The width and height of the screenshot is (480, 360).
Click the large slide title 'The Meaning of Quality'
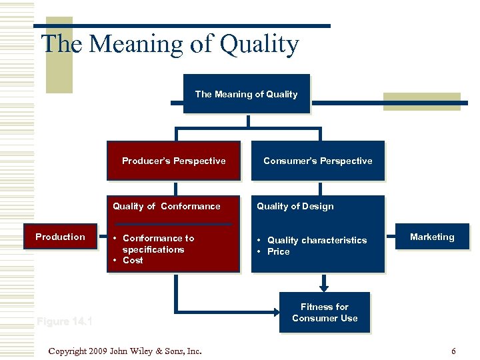pyautogui.click(x=170, y=45)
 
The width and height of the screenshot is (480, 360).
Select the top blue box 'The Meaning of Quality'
pyautogui.click(x=246, y=94)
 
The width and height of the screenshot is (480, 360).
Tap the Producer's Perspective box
pyautogui.click(x=173, y=161)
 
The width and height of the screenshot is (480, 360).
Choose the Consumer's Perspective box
pyautogui.click(x=317, y=161)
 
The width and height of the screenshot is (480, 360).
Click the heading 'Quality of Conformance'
pyautogui.click(x=166, y=207)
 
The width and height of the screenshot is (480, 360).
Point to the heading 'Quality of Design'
pyautogui.click(x=295, y=207)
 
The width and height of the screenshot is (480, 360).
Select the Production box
pyautogui.click(x=60, y=237)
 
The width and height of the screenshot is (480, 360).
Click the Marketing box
pyautogui.click(x=431, y=237)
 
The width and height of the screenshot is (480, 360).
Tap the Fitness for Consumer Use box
pyautogui.click(x=324, y=313)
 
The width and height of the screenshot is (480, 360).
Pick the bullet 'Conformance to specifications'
pyautogui.click(x=157, y=244)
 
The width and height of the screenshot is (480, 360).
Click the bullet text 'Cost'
pyautogui.click(x=133, y=261)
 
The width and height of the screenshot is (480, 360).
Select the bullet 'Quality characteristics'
pyautogui.click(x=317, y=240)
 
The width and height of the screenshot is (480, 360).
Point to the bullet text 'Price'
pyautogui.click(x=278, y=252)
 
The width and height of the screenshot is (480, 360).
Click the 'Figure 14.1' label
pyautogui.click(x=65, y=322)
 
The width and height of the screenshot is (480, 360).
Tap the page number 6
pyautogui.click(x=453, y=351)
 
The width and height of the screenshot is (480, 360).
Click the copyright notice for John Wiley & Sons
pyautogui.click(x=125, y=351)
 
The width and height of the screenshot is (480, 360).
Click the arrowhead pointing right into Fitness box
pyautogui.click(x=275, y=311)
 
